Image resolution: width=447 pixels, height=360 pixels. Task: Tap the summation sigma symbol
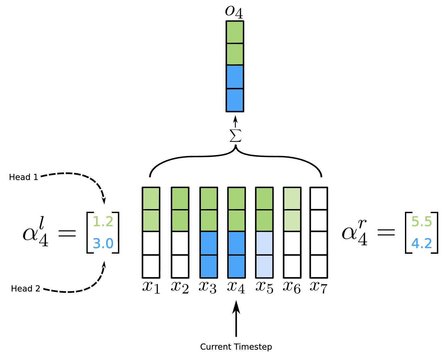click(235, 136)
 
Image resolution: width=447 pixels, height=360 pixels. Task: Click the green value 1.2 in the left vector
click(103, 222)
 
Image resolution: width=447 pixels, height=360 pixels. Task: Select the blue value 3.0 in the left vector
click(103, 243)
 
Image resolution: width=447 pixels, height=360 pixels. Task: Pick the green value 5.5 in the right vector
click(421, 222)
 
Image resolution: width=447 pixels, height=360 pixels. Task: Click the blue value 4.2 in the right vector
click(421, 243)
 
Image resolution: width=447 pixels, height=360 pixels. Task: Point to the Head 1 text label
click(24, 177)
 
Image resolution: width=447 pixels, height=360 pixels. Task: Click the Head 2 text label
click(26, 289)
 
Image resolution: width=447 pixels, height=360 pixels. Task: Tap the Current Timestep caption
click(236, 347)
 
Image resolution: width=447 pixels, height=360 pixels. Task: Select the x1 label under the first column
click(151, 287)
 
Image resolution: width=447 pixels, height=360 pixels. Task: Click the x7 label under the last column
click(318, 287)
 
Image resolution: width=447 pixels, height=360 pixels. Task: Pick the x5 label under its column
click(264, 287)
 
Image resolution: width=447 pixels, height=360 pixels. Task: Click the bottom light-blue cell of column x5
click(264, 266)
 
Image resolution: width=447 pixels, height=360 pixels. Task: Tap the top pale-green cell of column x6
click(292, 198)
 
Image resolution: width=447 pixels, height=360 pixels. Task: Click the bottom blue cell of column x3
click(209, 266)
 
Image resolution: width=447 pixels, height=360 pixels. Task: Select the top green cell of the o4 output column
click(235, 32)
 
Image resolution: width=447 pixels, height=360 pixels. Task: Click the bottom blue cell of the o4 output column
click(235, 100)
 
